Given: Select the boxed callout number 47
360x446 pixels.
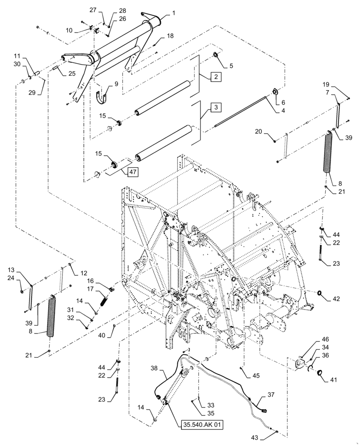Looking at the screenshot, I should point(133,172).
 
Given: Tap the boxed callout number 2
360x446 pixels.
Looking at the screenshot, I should point(215,77).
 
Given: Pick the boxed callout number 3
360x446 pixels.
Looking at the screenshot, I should point(215,107).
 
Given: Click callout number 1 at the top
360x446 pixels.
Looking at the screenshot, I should point(174,13).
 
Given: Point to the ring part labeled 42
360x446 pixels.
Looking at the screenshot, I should point(319,293).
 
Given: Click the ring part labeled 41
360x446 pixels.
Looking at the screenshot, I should point(320,373).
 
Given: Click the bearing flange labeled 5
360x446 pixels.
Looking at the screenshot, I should point(215,56).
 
